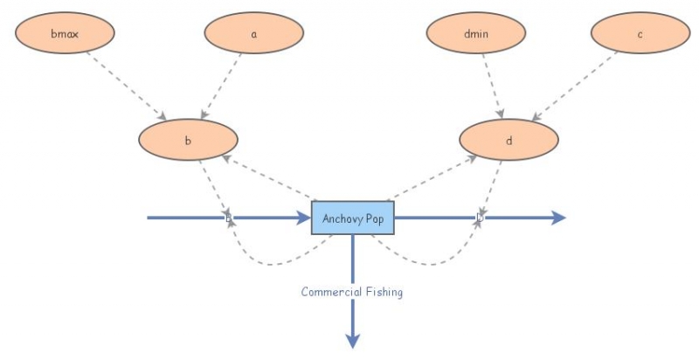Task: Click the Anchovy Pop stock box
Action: point(353,218)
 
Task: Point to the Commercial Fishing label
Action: point(352,293)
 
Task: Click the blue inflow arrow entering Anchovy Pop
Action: point(262,218)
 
